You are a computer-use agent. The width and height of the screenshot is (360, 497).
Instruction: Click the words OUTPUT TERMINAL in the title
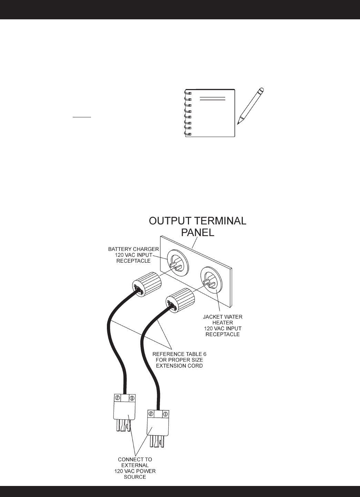(198, 221)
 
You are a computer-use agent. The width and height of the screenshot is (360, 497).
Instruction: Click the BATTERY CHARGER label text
(133, 248)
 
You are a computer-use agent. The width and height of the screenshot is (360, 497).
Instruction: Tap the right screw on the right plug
(165, 413)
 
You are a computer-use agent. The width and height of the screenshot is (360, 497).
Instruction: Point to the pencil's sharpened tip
(239, 123)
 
